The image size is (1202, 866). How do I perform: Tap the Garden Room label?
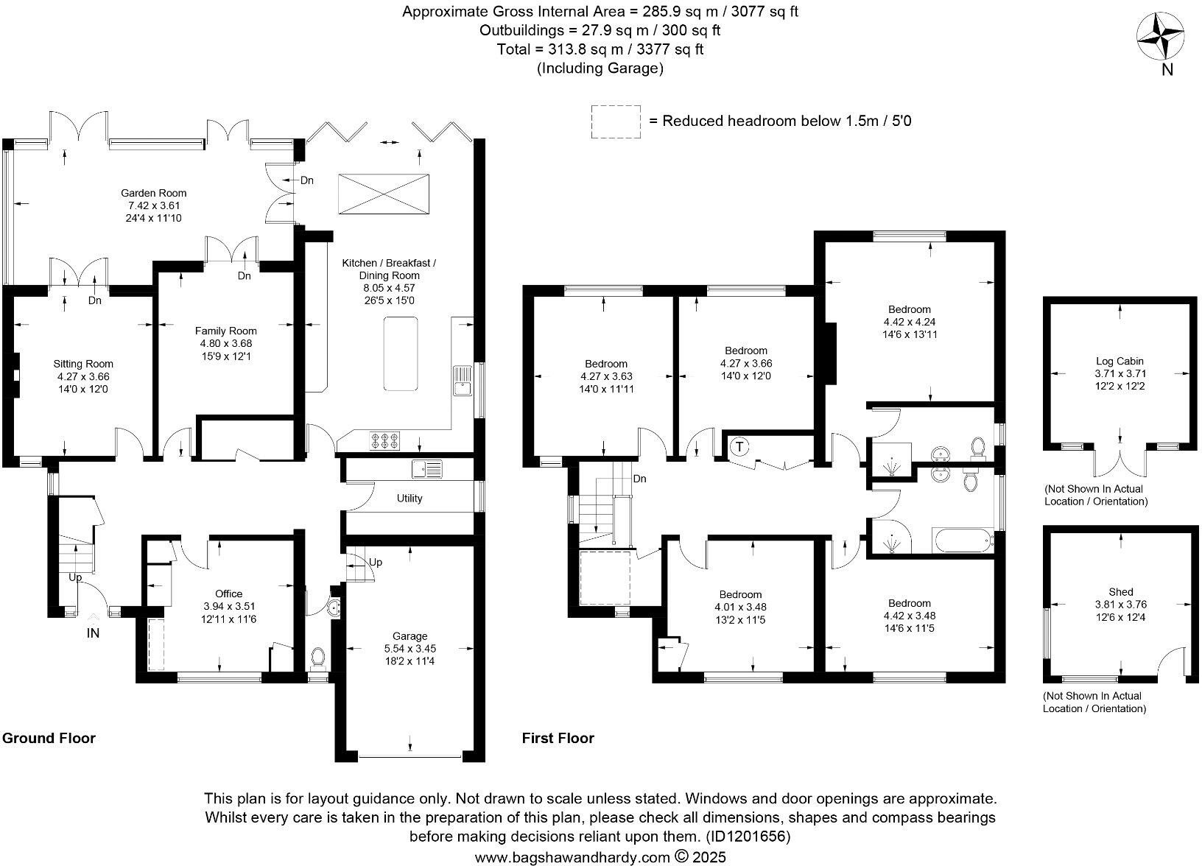point(153,194)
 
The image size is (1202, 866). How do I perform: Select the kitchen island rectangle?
point(401,353)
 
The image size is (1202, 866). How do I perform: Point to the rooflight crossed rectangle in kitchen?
point(384,194)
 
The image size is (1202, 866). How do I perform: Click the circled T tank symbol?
point(739,447)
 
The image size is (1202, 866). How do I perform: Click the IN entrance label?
point(94,633)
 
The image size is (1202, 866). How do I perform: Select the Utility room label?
point(410,499)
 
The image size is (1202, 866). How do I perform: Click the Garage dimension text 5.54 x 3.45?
point(410,649)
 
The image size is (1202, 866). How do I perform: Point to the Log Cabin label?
point(1120,361)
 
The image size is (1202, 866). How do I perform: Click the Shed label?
point(1120,591)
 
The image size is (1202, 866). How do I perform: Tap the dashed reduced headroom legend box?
point(615,121)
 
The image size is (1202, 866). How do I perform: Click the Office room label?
point(228,594)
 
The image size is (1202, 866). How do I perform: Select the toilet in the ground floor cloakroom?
point(318,657)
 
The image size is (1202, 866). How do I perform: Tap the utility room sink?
point(427,468)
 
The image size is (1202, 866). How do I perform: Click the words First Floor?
point(558,738)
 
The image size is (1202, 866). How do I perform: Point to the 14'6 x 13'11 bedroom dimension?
point(910,334)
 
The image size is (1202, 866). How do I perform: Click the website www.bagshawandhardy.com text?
point(572,857)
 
